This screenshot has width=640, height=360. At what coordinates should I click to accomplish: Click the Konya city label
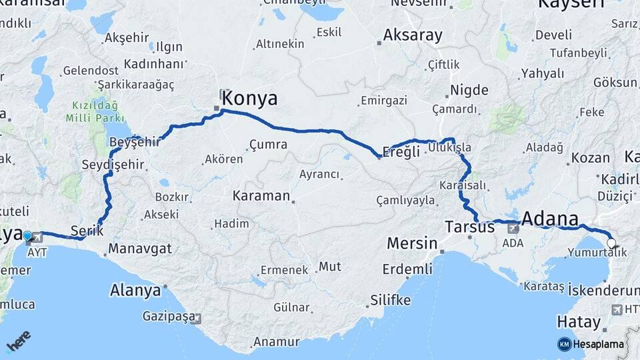(249, 99)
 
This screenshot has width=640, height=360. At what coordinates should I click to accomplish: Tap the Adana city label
(550, 219)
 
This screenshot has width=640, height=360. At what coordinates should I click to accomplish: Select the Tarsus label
(469, 227)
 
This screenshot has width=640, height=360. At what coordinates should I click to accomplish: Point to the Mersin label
(412, 243)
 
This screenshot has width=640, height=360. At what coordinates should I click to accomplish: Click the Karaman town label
(261, 196)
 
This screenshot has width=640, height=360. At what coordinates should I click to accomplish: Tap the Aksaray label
(413, 35)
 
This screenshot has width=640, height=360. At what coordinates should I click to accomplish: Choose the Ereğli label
(401, 151)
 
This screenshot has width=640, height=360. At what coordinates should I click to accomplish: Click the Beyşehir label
(135, 142)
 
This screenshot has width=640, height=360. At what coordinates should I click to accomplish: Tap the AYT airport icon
(37, 237)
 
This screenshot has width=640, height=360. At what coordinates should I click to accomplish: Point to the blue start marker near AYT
(27, 235)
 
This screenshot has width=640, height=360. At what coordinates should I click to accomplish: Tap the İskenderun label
(603, 289)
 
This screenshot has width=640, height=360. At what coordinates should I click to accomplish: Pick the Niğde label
(469, 90)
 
